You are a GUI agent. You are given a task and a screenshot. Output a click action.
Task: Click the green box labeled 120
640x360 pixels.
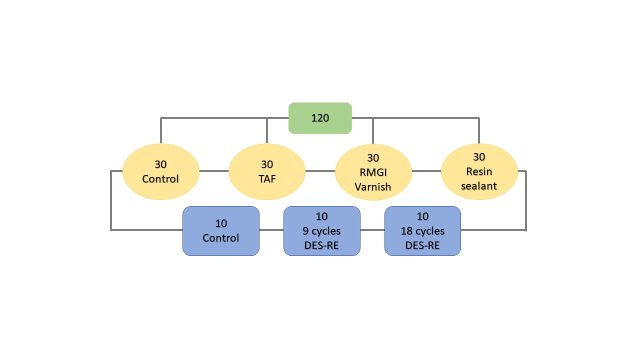pyautogui.click(x=320, y=118)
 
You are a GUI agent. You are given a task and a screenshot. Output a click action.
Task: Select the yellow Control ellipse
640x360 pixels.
pyautogui.click(x=160, y=171)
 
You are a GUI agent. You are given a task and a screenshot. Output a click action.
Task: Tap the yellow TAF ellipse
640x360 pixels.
pyautogui.click(x=267, y=171)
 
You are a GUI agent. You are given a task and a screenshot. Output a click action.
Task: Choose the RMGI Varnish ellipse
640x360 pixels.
pyautogui.click(x=373, y=171)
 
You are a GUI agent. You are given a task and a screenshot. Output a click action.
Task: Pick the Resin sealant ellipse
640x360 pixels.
pyautogui.click(x=479, y=171)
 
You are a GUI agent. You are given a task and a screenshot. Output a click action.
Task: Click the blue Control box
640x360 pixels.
pyautogui.click(x=220, y=231)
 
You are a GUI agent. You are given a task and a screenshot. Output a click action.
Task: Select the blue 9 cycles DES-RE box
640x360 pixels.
pyautogui.click(x=322, y=231)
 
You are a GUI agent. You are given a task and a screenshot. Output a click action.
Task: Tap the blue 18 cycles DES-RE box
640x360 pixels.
pyautogui.click(x=422, y=231)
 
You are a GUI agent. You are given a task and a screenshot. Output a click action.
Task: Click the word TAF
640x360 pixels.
pyautogui.click(x=267, y=178)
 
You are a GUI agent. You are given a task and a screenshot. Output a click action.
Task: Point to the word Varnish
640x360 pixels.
pyautogui.click(x=373, y=186)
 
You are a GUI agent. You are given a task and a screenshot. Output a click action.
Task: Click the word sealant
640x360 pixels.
pyautogui.click(x=479, y=185)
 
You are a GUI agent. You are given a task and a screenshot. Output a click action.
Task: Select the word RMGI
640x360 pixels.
pyautogui.click(x=373, y=172)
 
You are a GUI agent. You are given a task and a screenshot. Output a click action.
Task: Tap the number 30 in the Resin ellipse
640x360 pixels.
pyautogui.click(x=479, y=157)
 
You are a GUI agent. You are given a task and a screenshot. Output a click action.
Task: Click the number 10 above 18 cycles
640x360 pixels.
pyautogui.click(x=422, y=217)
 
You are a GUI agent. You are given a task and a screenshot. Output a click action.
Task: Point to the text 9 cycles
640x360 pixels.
pyautogui.click(x=322, y=231)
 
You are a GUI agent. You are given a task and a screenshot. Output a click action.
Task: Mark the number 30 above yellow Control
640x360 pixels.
pyautogui.click(x=160, y=164)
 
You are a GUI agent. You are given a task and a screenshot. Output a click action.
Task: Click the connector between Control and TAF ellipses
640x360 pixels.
pyautogui.click(x=214, y=171)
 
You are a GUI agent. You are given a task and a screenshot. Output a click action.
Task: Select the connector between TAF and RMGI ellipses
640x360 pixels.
pyautogui.click(x=320, y=171)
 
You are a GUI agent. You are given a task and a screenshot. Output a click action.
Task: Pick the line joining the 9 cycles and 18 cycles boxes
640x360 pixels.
pyautogui.click(x=372, y=230)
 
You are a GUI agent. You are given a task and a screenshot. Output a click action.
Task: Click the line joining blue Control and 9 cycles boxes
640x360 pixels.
pyautogui.click(x=271, y=230)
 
